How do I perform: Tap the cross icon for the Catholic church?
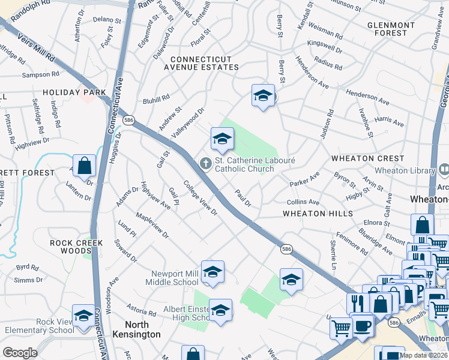pyautogui.click(x=205, y=163)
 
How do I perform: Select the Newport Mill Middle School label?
pyautogui.click(x=174, y=278)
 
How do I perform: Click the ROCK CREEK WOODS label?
pyautogui.click(x=77, y=247)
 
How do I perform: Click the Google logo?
pyautogui.click(x=20, y=352)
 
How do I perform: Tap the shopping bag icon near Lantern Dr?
pyautogui.click(x=85, y=165)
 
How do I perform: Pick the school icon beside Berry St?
pyautogui.click(x=262, y=95)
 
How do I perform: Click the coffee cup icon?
pyautogui.click(x=363, y=326)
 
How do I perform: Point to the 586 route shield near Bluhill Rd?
pyautogui.click(x=129, y=120)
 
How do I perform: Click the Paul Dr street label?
pyautogui.click(x=243, y=197)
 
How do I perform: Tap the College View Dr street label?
pyautogui.click(x=200, y=199)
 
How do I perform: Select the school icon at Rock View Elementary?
pyautogui.click(x=83, y=314)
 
